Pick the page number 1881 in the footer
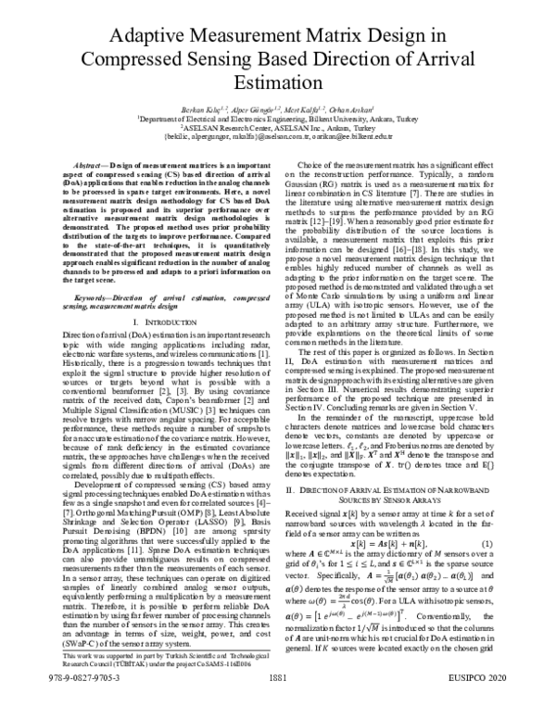coord(278,704)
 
